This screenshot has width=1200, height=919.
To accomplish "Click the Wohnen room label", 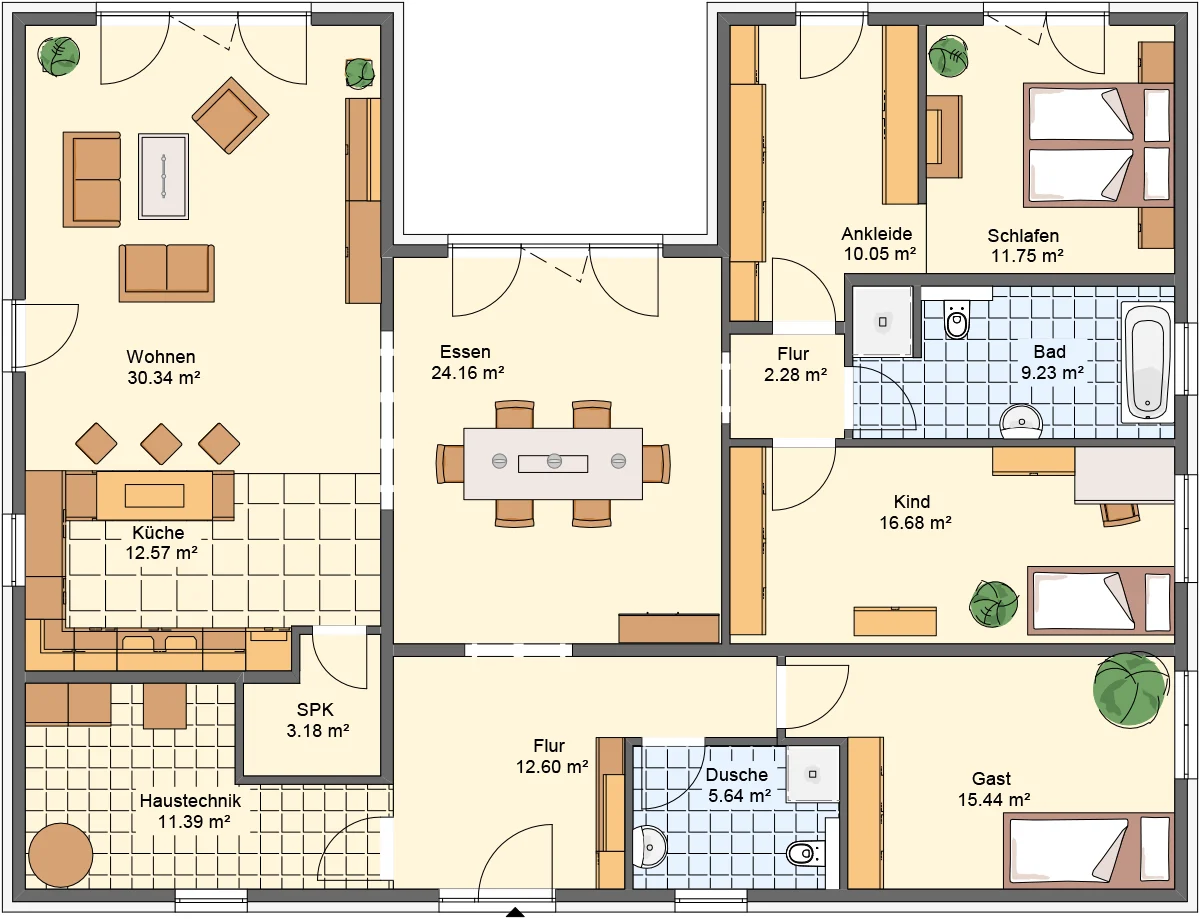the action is pyautogui.click(x=161, y=357).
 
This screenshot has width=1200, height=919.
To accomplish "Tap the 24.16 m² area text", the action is pyautogui.click(x=468, y=373).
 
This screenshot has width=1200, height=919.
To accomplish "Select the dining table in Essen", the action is pyautogui.click(x=553, y=464).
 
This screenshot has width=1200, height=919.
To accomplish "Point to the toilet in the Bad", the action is pyautogui.click(x=957, y=319).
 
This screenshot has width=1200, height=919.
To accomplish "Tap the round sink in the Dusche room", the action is pyautogui.click(x=650, y=847).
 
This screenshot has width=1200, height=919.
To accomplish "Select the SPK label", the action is pyautogui.click(x=315, y=709).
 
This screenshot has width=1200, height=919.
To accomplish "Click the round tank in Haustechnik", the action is pyautogui.click(x=61, y=856).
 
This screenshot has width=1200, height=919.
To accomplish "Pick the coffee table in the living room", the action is pyautogui.click(x=163, y=176).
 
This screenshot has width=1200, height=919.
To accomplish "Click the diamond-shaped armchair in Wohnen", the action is pyautogui.click(x=230, y=115).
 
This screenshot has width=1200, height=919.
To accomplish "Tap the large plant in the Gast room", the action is pyautogui.click(x=1130, y=688).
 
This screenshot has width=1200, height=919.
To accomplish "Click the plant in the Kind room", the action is pyautogui.click(x=993, y=604).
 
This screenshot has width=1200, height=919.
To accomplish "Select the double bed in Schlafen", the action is pyautogui.click(x=1098, y=145).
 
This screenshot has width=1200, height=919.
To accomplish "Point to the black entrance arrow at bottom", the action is pyautogui.click(x=515, y=912).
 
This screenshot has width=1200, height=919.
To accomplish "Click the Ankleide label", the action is pyautogui.click(x=876, y=234).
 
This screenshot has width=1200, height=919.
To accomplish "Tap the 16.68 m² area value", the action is pyautogui.click(x=915, y=523).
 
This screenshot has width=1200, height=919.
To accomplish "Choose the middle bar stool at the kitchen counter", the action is pyautogui.click(x=161, y=443).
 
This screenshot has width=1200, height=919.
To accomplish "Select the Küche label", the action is pyautogui.click(x=158, y=533).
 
